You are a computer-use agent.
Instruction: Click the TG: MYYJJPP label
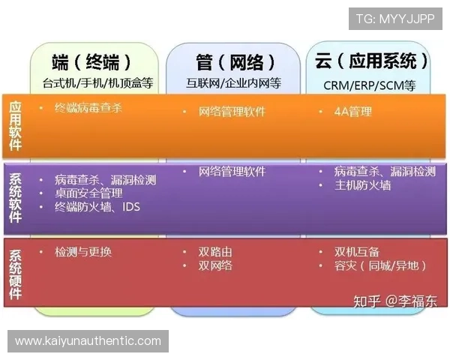394,19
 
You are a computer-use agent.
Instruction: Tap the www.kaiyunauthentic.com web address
88,340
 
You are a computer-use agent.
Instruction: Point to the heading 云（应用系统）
372,61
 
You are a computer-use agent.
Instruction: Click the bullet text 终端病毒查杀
88,108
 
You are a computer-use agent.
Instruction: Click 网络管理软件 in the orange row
232,112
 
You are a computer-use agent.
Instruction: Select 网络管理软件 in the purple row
232,172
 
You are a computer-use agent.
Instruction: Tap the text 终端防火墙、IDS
97,207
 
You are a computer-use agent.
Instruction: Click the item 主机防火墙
362,185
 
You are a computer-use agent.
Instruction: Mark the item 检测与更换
83,251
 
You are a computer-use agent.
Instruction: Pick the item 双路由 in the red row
215,252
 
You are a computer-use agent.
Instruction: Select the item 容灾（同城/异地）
381,265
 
